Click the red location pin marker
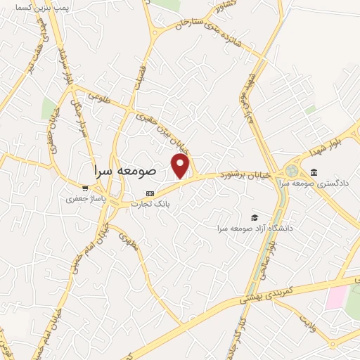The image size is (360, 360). click(181, 166)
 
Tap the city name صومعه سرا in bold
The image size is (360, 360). click(124, 171)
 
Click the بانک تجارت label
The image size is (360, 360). click(150, 205)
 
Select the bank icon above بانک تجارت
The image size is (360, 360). click(149, 193)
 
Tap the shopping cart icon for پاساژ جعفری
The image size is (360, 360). click(85, 188)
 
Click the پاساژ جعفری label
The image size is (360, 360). click(84, 199)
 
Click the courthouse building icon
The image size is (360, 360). click(313, 173)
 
